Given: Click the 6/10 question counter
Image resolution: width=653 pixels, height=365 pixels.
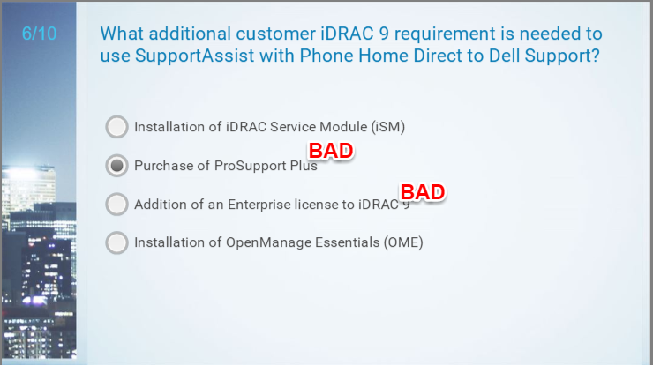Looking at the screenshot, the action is (x=39, y=34).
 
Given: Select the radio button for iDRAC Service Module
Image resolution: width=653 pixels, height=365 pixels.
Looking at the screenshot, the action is (x=116, y=127).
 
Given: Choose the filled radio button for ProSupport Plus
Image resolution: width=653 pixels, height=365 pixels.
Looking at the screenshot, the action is (x=116, y=165).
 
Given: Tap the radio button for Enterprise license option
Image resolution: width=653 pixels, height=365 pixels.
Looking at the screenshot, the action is (x=116, y=204).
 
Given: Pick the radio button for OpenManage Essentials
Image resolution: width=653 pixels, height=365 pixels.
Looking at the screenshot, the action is (x=116, y=242).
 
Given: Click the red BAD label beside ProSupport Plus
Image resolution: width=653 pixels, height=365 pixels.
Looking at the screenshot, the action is (x=331, y=151).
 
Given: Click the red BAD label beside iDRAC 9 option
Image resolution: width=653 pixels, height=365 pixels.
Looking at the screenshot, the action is (x=423, y=192).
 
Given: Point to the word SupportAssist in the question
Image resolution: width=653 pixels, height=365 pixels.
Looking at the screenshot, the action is (x=194, y=56).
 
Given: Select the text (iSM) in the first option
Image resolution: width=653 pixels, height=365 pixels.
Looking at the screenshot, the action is (x=388, y=127).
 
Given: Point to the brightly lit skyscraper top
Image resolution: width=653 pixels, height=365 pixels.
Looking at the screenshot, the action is (x=28, y=171).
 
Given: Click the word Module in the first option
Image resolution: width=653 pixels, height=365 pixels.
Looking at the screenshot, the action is (x=343, y=127).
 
